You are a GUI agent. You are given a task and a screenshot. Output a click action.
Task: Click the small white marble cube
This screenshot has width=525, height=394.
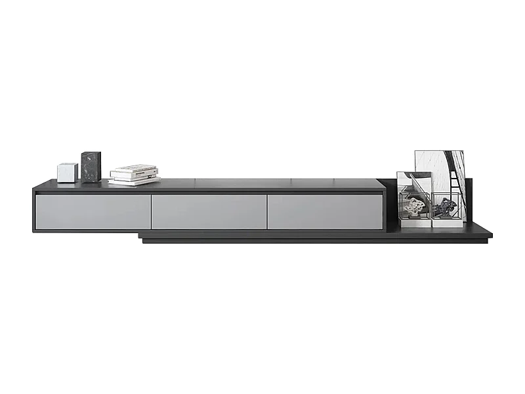(x=67, y=172)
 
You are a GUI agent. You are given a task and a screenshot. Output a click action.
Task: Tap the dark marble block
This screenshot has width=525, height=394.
(x=91, y=167)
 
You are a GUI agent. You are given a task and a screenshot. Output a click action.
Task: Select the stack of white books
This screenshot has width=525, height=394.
(x=134, y=174)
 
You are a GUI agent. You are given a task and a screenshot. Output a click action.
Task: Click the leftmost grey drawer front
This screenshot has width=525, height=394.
(x=93, y=211)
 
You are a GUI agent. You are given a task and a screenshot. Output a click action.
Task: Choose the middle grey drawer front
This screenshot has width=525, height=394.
(x=209, y=211)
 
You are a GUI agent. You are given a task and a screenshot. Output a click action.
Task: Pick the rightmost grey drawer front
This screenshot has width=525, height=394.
(x=325, y=211)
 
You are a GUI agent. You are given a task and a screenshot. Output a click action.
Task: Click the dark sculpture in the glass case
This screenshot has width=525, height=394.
(x=446, y=208)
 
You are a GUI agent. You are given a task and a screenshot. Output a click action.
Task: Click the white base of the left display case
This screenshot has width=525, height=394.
(x=415, y=223)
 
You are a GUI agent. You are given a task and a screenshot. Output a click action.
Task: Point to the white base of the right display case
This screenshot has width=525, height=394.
(x=447, y=223)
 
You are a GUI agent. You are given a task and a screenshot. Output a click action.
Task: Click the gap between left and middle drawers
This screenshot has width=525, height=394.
(x=151, y=211)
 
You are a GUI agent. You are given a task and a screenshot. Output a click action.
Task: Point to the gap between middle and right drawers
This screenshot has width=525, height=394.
(x=266, y=211)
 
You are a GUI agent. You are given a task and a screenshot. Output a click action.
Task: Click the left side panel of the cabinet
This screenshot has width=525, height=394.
(x=34, y=210)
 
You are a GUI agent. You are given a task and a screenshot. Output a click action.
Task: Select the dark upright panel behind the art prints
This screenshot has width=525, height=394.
(x=468, y=197)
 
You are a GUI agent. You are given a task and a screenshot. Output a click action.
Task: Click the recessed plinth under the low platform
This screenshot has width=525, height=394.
(x=315, y=241)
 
